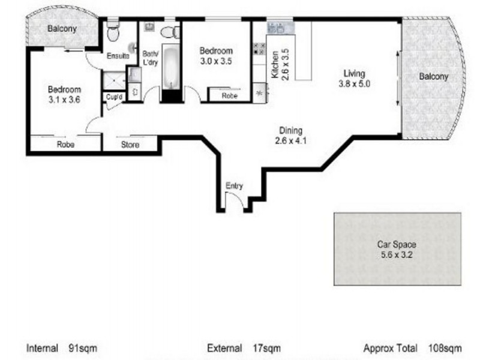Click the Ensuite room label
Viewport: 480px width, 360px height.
pyautogui.click(x=118, y=56)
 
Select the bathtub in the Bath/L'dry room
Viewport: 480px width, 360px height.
pyautogui.click(x=170, y=67)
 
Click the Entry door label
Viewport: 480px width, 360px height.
pyautogui.click(x=234, y=185)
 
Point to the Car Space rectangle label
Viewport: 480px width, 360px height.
pyautogui.click(x=397, y=244)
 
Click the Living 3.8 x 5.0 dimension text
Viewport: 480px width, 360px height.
pyautogui.click(x=354, y=83)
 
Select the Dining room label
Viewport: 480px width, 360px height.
pyautogui.click(x=290, y=130)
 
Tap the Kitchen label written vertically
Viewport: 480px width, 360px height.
pyautogui.click(x=275, y=64)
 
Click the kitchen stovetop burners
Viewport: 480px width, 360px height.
pyautogui.click(x=259, y=49)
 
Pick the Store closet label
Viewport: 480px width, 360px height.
pyautogui.click(x=130, y=145)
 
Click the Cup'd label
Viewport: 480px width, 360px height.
pyautogui.click(x=114, y=97)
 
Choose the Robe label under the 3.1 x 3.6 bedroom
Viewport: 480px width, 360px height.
pyautogui.click(x=65, y=144)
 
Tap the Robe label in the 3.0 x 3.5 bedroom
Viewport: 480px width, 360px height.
pyautogui.click(x=230, y=96)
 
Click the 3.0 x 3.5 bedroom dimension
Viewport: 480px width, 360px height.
pyautogui.click(x=216, y=61)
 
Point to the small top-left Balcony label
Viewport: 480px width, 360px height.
pyautogui.click(x=62, y=29)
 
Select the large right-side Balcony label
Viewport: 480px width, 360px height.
pyautogui.click(x=433, y=76)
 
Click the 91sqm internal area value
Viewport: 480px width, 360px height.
pyautogui.click(x=83, y=348)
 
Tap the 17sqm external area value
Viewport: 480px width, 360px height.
pyautogui.click(x=266, y=348)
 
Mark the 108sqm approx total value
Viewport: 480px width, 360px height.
pyautogui.click(x=445, y=348)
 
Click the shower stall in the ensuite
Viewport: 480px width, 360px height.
pyautogui.click(x=114, y=81)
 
